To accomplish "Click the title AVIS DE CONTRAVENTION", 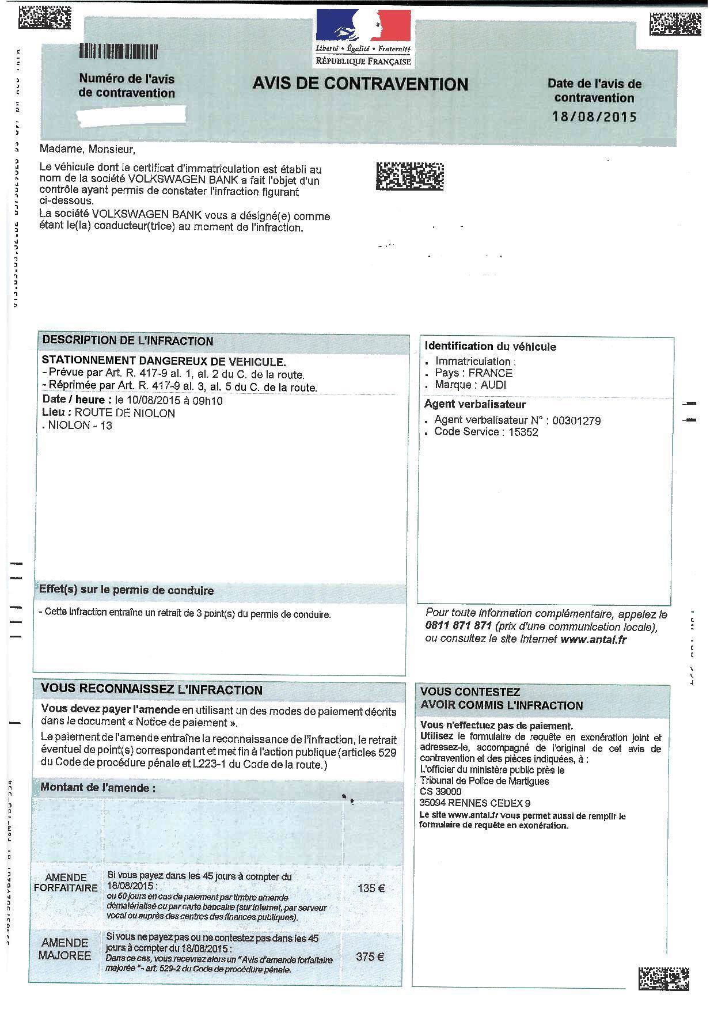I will pyautogui.click(x=360, y=84).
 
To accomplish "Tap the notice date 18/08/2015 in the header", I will pyautogui.click(x=594, y=117).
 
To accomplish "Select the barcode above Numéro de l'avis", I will pyautogui.click(x=119, y=52).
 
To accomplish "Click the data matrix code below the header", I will pyautogui.click(x=409, y=177).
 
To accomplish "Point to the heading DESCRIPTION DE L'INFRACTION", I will pyautogui.click(x=128, y=341).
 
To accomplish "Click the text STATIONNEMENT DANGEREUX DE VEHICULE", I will pyautogui.click(x=164, y=362).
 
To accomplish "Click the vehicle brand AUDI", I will pyautogui.click(x=493, y=385).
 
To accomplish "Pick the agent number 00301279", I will pyautogui.click(x=576, y=421).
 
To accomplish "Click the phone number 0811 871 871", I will pyautogui.click(x=458, y=626).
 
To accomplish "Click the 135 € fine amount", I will pyautogui.click(x=371, y=888).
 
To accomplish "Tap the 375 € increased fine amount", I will pyautogui.click(x=370, y=956).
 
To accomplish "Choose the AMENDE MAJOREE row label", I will pyautogui.click(x=65, y=949).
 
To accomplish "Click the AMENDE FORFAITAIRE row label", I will pyautogui.click(x=66, y=883).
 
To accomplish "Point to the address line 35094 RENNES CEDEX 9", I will pyautogui.click(x=475, y=803).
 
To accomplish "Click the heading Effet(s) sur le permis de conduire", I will pyautogui.click(x=126, y=591).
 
